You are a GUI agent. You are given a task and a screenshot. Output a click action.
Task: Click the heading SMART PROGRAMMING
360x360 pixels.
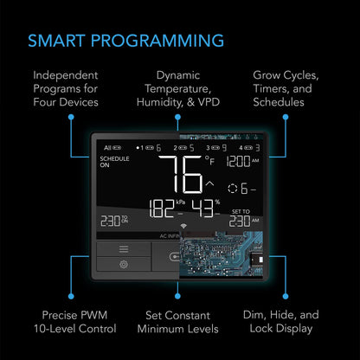coord(126,41)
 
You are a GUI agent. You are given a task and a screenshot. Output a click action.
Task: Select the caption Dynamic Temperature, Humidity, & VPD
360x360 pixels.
coord(179,88)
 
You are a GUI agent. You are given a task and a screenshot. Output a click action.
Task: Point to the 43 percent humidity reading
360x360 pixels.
coord(205,209)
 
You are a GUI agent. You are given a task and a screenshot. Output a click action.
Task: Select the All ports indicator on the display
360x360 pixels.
coord(107,148)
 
